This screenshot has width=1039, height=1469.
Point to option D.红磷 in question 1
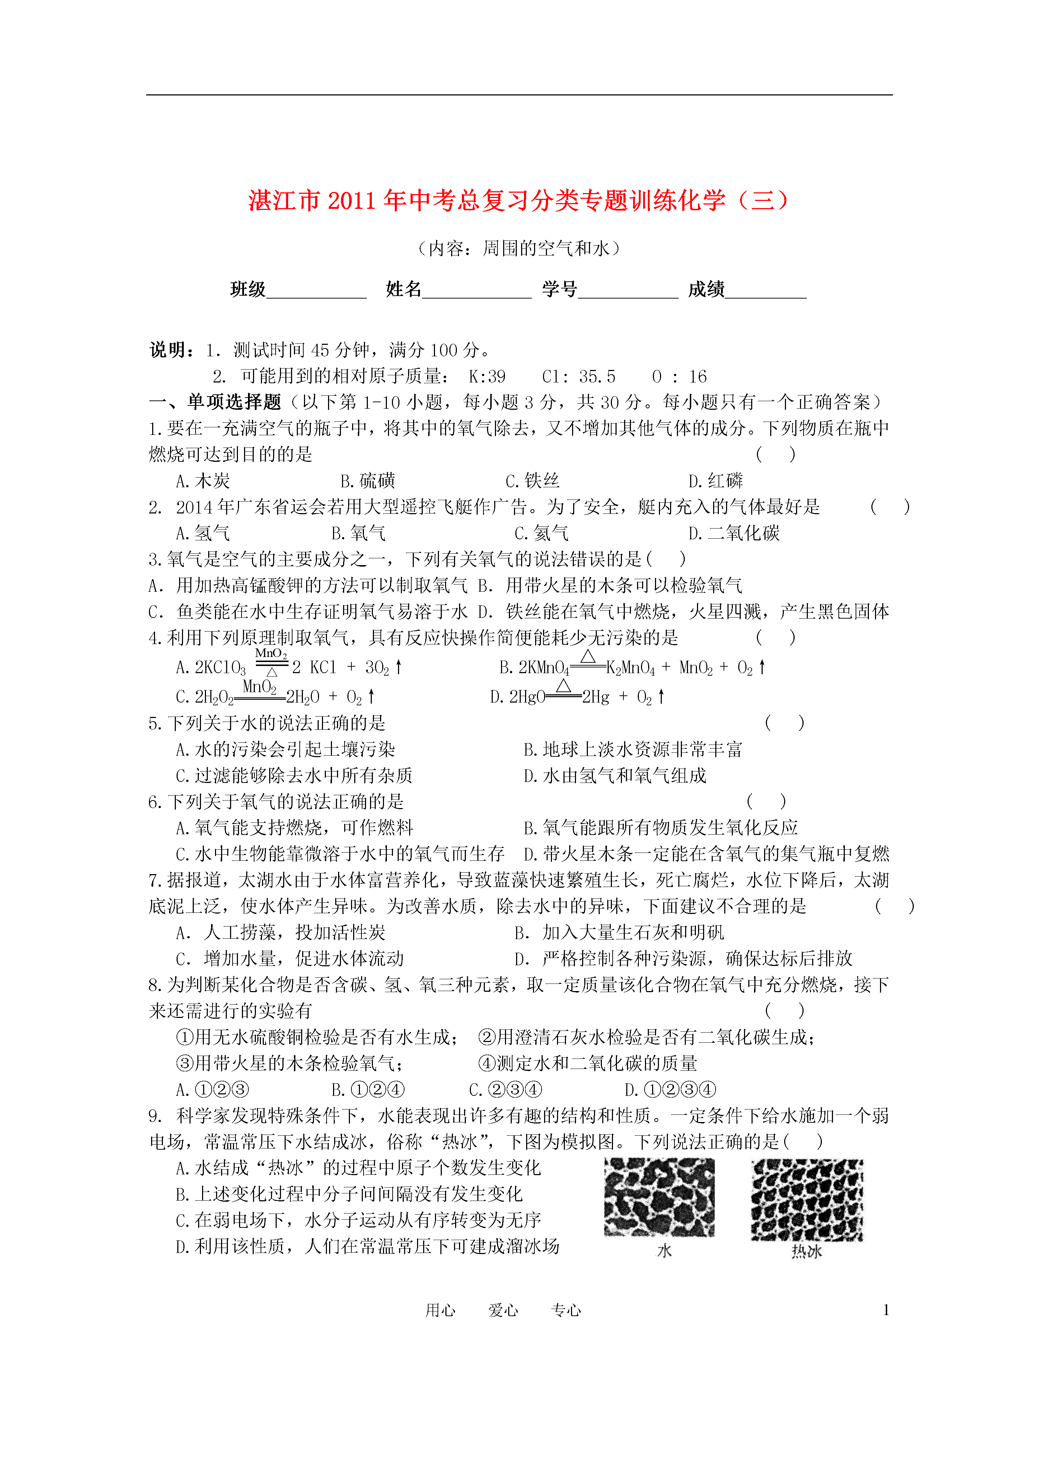tap(715, 480)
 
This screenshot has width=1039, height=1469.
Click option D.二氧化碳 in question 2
tap(734, 533)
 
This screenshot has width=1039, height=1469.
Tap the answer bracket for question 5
tap(785, 723)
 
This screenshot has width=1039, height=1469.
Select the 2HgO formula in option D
tap(526, 697)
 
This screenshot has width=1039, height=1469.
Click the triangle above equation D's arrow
tap(563, 685)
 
